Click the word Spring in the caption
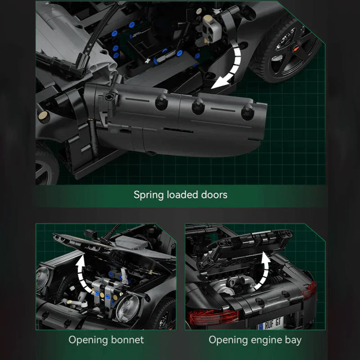tap(148, 195)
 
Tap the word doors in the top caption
tap(214, 195)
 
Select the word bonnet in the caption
tap(127, 340)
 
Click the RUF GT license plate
tap(271, 324)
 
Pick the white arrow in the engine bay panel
tap(266, 270)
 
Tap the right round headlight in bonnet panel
tap(128, 308)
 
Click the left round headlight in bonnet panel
tap(42, 278)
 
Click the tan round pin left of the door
tap(43, 115)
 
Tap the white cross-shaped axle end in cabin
tap(148, 61)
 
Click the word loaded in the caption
tap(182, 195)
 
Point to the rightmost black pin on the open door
tap(247, 112)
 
